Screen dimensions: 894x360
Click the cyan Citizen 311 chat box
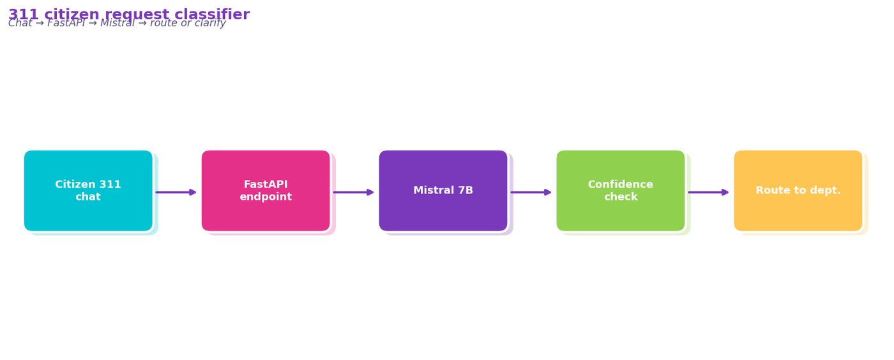[88, 191]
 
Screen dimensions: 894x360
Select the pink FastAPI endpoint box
[266, 191]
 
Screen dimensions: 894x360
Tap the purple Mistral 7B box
[443, 191]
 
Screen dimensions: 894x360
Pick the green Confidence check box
[621, 191]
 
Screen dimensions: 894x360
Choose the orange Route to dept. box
[798, 191]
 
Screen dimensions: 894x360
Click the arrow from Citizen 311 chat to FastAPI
[176, 192]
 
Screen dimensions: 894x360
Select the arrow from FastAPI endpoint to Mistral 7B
[354, 192]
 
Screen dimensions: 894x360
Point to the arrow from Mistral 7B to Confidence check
[531, 192]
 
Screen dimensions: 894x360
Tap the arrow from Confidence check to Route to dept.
[708, 192]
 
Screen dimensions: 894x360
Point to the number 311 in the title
[23, 15]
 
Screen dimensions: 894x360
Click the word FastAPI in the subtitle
[66, 23]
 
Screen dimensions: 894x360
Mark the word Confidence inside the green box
[621, 184]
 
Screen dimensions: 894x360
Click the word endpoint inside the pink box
[266, 197]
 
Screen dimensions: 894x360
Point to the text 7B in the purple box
[466, 190]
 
